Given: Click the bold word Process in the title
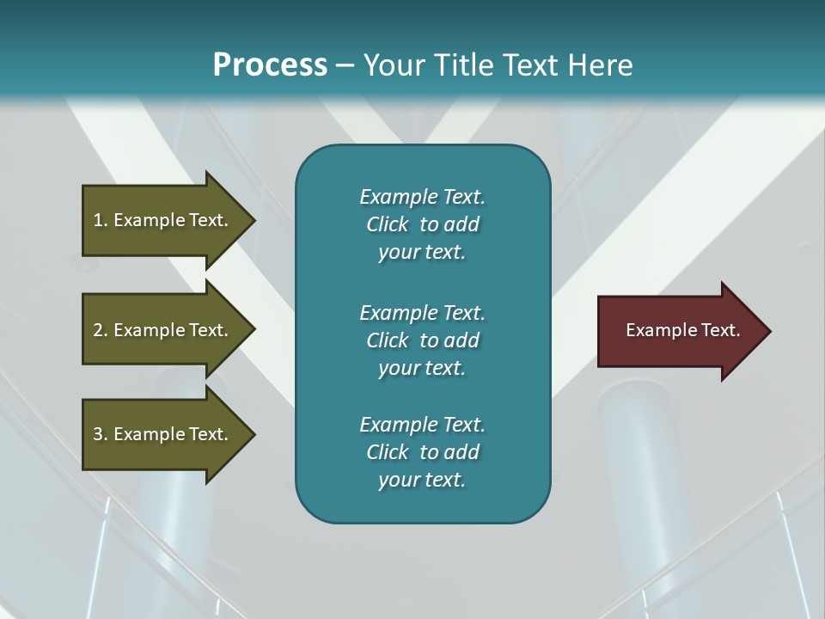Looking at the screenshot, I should [270, 64].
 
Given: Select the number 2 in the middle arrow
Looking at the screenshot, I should [98, 330].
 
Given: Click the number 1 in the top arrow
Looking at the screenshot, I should [98, 220].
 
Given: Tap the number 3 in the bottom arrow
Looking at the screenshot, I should [98, 434].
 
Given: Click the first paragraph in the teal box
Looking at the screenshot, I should [422, 224].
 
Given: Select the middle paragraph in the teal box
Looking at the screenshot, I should [422, 340].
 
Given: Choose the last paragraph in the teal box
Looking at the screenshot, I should [422, 452].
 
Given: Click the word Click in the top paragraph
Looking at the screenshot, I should [387, 224].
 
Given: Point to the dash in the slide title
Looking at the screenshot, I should [345, 65].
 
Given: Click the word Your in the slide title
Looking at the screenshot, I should [390, 64].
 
